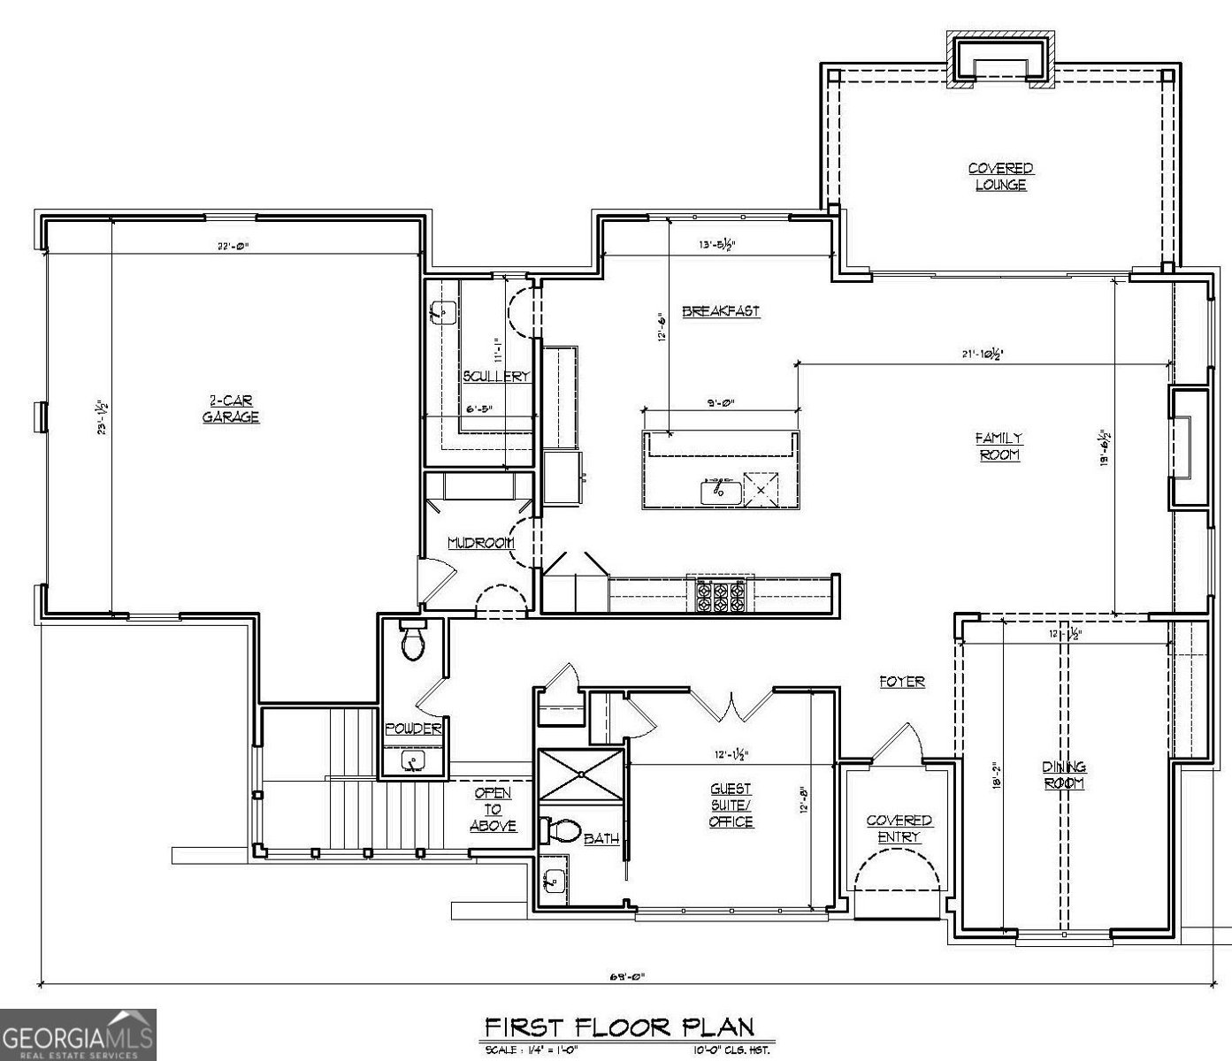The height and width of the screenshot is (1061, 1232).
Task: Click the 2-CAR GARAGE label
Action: [230, 408]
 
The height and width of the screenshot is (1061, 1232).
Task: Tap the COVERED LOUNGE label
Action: [1000, 177]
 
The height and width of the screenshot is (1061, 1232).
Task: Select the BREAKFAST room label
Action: [721, 311]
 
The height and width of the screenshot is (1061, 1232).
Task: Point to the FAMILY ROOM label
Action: [999, 446]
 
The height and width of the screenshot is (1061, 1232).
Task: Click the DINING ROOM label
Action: [1063, 775]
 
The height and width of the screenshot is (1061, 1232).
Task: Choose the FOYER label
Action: [901, 682]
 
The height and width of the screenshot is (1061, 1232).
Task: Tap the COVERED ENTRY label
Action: [899, 828]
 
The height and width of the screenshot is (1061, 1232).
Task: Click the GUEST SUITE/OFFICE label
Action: [731, 805]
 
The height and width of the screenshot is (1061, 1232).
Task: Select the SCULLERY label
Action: [496, 376]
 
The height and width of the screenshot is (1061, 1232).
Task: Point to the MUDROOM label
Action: [480, 543]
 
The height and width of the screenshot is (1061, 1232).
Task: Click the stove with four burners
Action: [720, 597]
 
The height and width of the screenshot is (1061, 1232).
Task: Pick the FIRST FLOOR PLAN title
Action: [619, 1027]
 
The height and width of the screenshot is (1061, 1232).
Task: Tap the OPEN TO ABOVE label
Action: [493, 809]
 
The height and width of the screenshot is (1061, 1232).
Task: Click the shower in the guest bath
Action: [581, 775]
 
